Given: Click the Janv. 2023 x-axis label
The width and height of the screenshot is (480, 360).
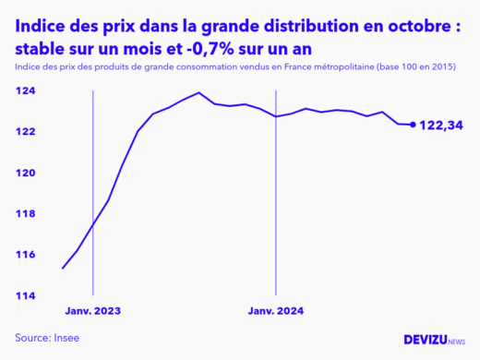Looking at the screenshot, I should coord(92,311).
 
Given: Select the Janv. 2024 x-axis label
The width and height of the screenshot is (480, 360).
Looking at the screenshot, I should coord(275,311).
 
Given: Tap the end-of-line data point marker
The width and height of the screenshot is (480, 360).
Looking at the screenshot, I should coord(412,125).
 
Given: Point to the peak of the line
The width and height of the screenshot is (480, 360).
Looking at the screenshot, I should coord(198,92).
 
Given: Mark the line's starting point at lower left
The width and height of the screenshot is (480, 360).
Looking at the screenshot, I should coord(63,268).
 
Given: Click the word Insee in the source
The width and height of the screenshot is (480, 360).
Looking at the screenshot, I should coord(67,338).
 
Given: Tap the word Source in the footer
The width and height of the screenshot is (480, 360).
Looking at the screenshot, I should coord(31,338).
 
